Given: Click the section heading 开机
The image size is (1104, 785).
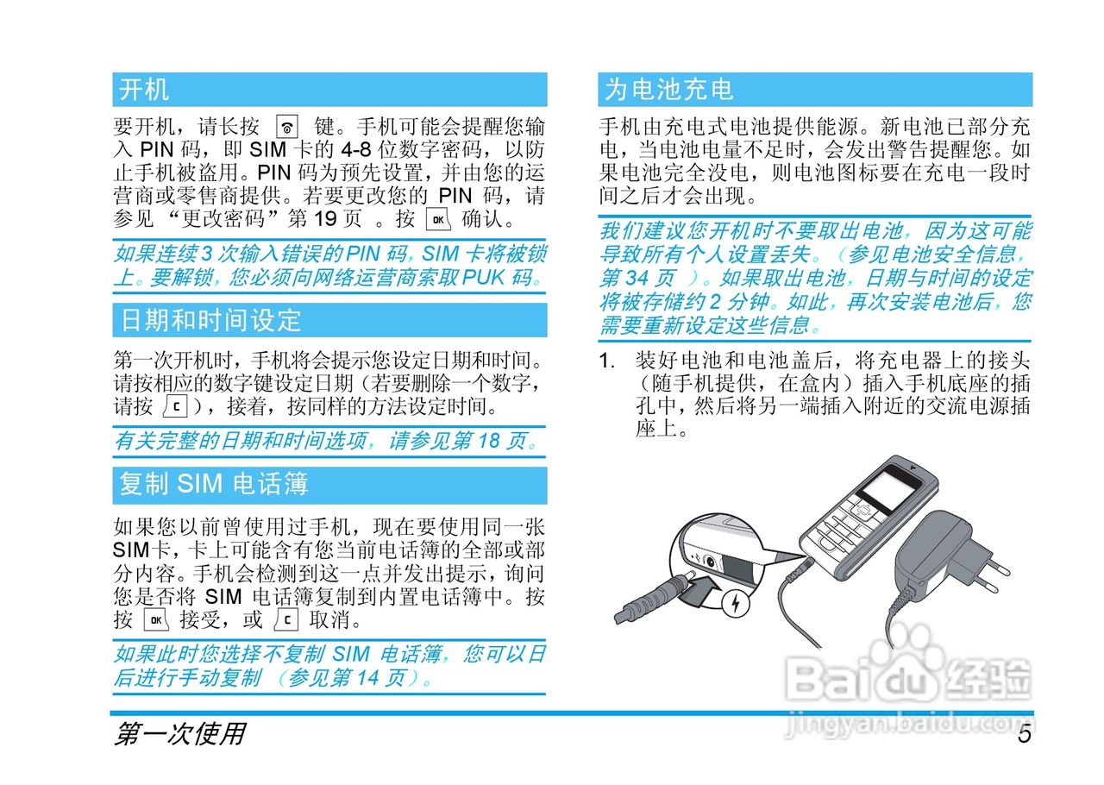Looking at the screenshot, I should coord(145,90).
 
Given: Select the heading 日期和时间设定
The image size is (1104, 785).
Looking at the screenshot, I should coord(210,321).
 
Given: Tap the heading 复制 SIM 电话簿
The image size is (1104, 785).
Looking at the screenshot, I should coord(214,485).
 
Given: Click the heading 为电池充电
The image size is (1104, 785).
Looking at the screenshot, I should coord(668,90).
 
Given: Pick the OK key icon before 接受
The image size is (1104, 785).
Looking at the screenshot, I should coord(156,619).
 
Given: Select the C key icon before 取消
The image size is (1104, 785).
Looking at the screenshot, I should coord(285,619).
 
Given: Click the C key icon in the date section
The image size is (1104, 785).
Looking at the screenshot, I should coord(175,405).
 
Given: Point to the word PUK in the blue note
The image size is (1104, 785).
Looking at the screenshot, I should coord(486,279).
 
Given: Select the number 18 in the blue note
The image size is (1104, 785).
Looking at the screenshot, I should coord(488,442).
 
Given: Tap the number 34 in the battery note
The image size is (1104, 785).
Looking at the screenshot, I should coord(637,279).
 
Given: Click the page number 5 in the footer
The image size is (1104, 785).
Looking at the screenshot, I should coord(1025,735).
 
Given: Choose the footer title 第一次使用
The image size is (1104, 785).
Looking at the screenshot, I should coord(179,735).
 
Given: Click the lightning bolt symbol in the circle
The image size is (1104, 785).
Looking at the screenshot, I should coord(735,605).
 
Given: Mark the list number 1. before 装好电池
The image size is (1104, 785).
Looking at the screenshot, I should coord(608,360).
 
